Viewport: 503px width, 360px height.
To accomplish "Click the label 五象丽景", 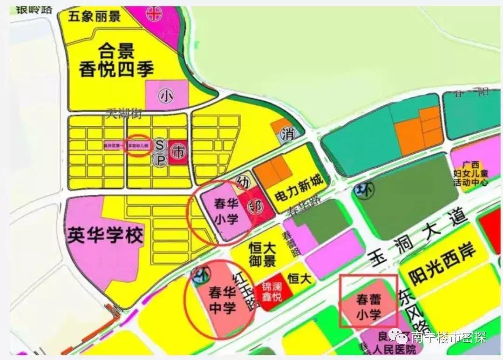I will point(95,17).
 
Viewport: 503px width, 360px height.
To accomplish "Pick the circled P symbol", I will point(160,160).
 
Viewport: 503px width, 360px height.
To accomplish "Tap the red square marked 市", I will point(177,152).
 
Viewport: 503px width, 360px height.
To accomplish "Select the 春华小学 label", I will point(226,211).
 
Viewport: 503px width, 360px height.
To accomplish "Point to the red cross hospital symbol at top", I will point(153,14).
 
